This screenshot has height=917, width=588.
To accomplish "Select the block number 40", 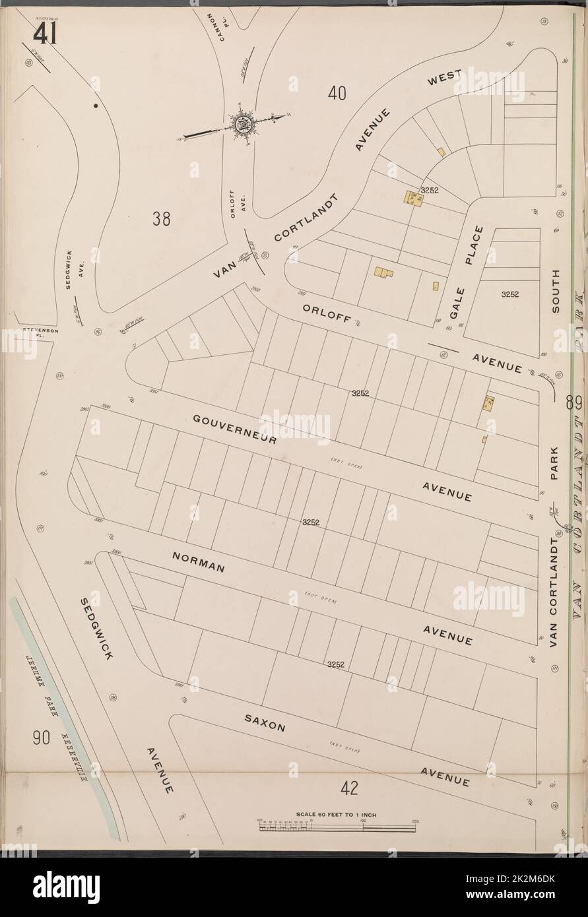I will click(337, 94).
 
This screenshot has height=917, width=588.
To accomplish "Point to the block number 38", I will click(162, 218).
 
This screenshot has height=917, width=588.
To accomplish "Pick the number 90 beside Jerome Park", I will click(41, 738).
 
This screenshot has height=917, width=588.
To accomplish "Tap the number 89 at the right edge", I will click(573, 401).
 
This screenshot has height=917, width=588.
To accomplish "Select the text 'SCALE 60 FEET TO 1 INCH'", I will click(337, 815).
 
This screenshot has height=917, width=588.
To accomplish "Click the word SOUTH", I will click(555, 291).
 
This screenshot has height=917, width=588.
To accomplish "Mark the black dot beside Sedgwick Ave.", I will click(96, 106).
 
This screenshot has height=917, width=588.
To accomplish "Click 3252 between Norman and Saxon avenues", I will click(337, 665).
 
